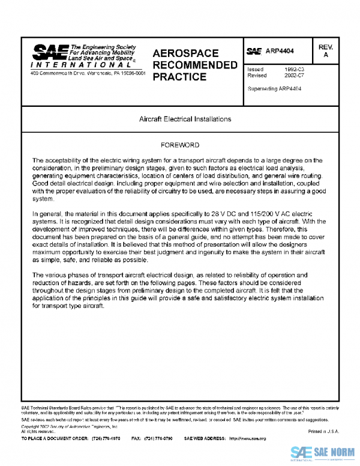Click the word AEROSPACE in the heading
(185, 53)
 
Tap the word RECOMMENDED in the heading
(196, 65)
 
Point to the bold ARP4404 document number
(282, 52)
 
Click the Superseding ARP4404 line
(274, 88)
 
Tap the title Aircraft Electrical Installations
(181, 119)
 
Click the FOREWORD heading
(181, 146)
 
